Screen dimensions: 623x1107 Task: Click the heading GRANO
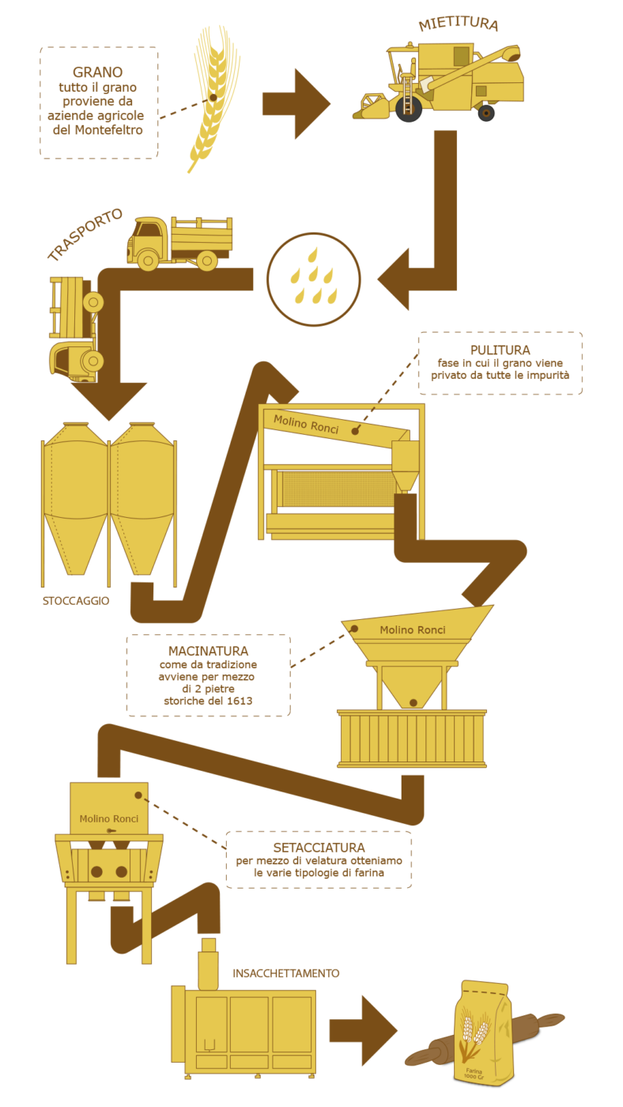pos(98,72)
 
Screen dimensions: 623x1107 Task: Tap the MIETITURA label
pos(459,24)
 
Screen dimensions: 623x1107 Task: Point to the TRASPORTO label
pos(85,234)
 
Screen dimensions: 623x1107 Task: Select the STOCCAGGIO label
pos(76,600)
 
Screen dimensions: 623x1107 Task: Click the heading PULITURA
pos(500,350)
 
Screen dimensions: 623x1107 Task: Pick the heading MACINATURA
pos(208,651)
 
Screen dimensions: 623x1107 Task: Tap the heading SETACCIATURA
pos(319,848)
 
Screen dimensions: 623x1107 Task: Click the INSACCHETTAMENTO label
pos(286,973)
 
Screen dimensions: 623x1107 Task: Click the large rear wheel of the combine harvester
pos(409,109)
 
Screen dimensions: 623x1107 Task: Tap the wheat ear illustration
pos(213,99)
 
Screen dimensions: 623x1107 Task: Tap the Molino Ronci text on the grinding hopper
pos(413,629)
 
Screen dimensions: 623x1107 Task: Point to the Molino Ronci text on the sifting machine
pos(108,819)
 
